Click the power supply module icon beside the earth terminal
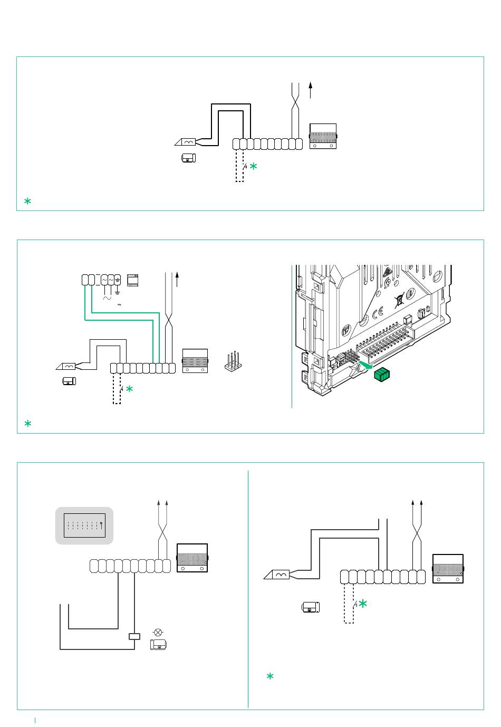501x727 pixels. pyautogui.click(x=132, y=280)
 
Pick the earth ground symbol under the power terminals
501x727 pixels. pyautogui.click(x=117, y=292)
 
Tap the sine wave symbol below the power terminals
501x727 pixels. pyautogui.click(x=107, y=298)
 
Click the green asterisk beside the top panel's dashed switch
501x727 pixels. pyautogui.click(x=253, y=166)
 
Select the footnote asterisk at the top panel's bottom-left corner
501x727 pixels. pyautogui.click(x=27, y=201)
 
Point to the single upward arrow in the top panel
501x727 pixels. pyautogui.click(x=311, y=90)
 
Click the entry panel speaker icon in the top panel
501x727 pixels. pyautogui.click(x=323, y=136)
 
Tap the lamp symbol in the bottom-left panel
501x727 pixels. pyautogui.click(x=157, y=632)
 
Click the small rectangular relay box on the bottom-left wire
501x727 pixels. pyautogui.click(x=134, y=636)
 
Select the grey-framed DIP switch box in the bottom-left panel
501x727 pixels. pyautogui.click(x=84, y=525)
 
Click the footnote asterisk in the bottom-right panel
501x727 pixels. pyautogui.click(x=270, y=676)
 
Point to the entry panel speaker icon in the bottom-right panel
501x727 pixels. pyautogui.click(x=448, y=568)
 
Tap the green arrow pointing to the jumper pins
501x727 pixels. pyautogui.click(x=364, y=363)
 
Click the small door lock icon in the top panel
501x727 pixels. pyautogui.click(x=189, y=158)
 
